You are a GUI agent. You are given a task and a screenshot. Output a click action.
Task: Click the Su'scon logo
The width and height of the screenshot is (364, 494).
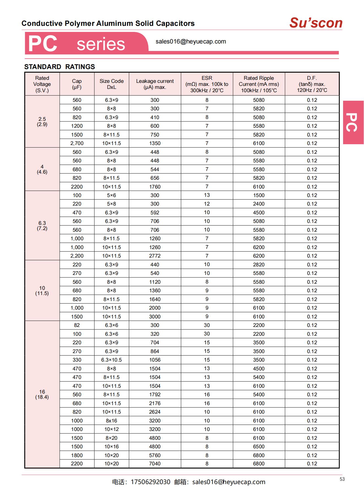[x=316, y=23]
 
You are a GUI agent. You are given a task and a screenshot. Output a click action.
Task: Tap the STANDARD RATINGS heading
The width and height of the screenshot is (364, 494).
[x=59, y=67]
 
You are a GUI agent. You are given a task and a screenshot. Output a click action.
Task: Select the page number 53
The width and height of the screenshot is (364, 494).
[x=342, y=479]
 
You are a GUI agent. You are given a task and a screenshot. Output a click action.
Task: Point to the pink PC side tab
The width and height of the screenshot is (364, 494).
[x=353, y=122]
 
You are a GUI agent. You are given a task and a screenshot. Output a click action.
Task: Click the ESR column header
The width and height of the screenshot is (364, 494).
[x=207, y=84]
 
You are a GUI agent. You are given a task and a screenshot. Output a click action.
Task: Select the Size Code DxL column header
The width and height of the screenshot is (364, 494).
[x=111, y=84]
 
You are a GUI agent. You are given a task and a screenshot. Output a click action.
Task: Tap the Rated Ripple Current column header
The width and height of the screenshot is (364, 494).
[x=259, y=84]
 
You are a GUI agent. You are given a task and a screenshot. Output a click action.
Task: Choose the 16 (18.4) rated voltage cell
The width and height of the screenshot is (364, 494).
[x=42, y=394]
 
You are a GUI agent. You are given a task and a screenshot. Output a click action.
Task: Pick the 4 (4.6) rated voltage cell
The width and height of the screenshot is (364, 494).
[x=42, y=169]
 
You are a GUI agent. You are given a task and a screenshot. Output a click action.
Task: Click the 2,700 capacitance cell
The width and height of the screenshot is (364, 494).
[x=77, y=143]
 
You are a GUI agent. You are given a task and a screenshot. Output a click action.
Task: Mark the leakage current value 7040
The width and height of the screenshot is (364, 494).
[x=155, y=463]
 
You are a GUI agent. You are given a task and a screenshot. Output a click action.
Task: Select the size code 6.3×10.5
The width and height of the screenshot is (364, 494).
[x=111, y=360]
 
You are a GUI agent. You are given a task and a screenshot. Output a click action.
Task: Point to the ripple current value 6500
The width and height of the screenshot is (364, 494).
[x=259, y=446]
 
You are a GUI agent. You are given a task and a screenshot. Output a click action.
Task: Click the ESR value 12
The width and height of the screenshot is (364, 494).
[x=207, y=204]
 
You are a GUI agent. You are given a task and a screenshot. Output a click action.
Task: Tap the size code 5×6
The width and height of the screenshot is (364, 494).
[x=111, y=195]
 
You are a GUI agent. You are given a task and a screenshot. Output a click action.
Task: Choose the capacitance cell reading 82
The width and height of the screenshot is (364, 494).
[x=77, y=325]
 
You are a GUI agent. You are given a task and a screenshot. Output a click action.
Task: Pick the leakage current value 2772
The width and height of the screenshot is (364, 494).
[x=155, y=256]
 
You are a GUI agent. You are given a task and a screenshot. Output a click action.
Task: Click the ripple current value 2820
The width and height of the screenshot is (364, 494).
[x=259, y=264]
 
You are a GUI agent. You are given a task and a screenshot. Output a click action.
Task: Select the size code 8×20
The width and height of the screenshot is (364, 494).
[x=111, y=438]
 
